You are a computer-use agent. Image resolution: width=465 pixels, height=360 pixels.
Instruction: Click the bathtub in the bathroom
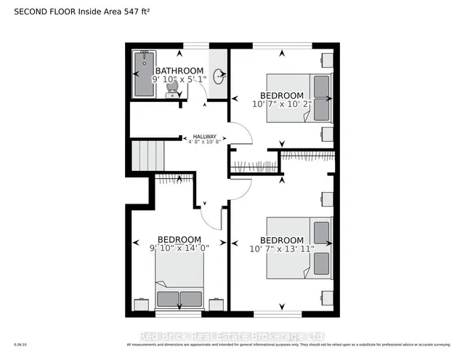pos(143,75)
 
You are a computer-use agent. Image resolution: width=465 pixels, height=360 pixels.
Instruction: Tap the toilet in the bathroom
pos(172,87)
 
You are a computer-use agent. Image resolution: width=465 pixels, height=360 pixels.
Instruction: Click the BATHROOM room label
pos(179,71)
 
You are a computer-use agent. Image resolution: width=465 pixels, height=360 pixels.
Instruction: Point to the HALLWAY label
pos(204,136)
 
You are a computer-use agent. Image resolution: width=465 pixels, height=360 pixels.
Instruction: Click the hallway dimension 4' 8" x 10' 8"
pos(204,143)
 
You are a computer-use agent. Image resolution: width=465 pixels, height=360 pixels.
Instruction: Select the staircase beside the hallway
pos(148,157)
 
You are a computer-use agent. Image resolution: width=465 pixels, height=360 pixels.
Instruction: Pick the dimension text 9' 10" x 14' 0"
pos(179,249)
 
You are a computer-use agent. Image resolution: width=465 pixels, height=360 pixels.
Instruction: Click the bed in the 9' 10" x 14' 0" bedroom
pos(179,284)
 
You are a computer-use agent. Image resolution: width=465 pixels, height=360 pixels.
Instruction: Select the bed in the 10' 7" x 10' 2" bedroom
pos(299,97)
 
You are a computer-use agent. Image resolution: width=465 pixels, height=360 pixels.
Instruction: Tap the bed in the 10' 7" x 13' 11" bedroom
pos(299,247)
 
